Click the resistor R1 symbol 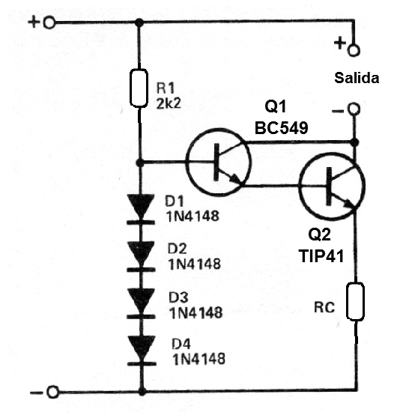pyautogui.click(x=139, y=88)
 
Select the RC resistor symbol pyautogui.click(x=356, y=301)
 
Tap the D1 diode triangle pyautogui.click(x=141, y=205)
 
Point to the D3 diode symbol pyautogui.click(x=142, y=303)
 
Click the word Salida pyautogui.click(x=357, y=78)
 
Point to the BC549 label pyautogui.click(x=282, y=127)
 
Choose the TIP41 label pyautogui.click(x=321, y=256)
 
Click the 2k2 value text pyautogui.click(x=169, y=103)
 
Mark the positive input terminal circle pyautogui.click(x=49, y=22)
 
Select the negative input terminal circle pyautogui.click(x=52, y=392)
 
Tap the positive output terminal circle pyautogui.click(x=354, y=50)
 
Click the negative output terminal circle pyautogui.click(x=354, y=109)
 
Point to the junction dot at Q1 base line pyautogui.click(x=139, y=162)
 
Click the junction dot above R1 pyautogui.click(x=139, y=22)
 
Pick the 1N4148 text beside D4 pyautogui.click(x=199, y=359)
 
